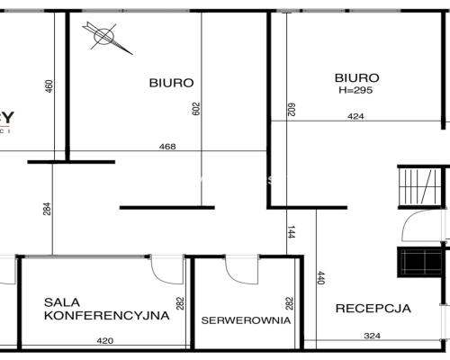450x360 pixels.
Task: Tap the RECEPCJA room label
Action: click(373, 308)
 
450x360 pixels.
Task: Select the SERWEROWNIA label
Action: click(246, 319)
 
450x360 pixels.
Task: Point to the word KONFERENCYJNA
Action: click(106, 316)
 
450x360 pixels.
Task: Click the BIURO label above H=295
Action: click(356, 78)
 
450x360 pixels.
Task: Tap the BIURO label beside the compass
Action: click(171, 83)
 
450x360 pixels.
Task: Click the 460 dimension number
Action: click(49, 86)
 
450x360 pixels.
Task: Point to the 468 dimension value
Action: click(166, 147)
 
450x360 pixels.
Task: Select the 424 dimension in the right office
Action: click(357, 116)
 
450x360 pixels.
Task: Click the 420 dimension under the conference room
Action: click(105, 341)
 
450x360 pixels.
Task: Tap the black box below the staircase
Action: click(419, 261)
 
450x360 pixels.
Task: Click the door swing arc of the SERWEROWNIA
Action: click(242, 268)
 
